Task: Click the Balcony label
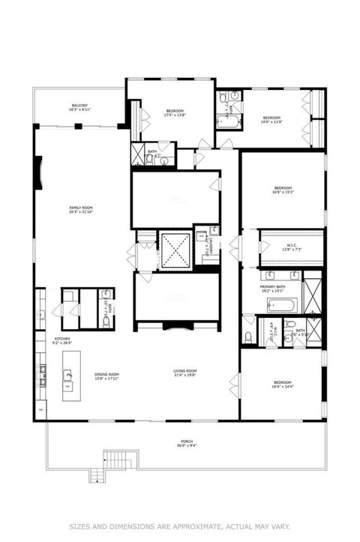(79, 107)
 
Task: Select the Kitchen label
(62, 341)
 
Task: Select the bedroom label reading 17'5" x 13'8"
(174, 114)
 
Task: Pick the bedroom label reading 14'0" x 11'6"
(271, 119)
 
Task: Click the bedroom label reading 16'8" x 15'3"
(283, 190)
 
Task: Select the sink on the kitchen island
(68, 375)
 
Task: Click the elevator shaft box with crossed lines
(177, 251)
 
